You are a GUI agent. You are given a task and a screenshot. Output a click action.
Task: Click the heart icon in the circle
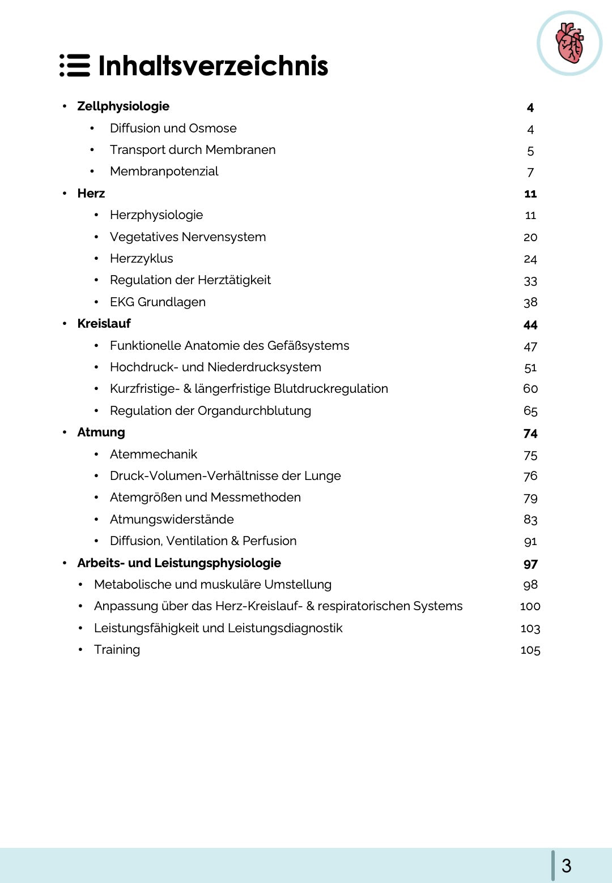point(569,43)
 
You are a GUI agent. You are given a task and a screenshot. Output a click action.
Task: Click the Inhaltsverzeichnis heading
point(213,66)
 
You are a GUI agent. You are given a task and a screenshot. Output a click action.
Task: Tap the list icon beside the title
point(75,66)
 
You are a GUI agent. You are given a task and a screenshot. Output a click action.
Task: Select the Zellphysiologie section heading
point(123,106)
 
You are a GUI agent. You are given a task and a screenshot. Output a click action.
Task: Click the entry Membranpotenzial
point(164,172)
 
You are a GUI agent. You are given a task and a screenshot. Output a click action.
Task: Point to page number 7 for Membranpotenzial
point(530,173)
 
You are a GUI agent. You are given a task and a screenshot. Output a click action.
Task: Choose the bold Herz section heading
point(91,194)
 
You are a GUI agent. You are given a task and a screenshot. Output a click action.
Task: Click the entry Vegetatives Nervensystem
point(188,237)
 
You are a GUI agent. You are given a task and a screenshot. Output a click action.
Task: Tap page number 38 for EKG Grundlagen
point(530,303)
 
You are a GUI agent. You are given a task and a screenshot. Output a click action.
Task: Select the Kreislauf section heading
point(104,324)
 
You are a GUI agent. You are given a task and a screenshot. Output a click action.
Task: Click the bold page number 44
point(530,325)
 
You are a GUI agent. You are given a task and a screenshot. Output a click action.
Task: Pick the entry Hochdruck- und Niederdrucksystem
point(215,367)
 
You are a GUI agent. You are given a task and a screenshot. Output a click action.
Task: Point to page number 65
point(530,412)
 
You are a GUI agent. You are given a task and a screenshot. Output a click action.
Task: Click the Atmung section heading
point(101,432)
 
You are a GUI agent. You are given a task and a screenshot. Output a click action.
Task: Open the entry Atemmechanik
point(154,455)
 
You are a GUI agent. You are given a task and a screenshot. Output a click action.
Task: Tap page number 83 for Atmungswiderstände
point(530,520)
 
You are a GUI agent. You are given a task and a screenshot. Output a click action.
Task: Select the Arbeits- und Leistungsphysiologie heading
point(179,563)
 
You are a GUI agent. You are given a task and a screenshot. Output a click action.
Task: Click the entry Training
point(117,650)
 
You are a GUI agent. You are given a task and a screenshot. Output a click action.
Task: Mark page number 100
point(530,607)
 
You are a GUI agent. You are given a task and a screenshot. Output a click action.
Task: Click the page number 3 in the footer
point(566,866)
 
